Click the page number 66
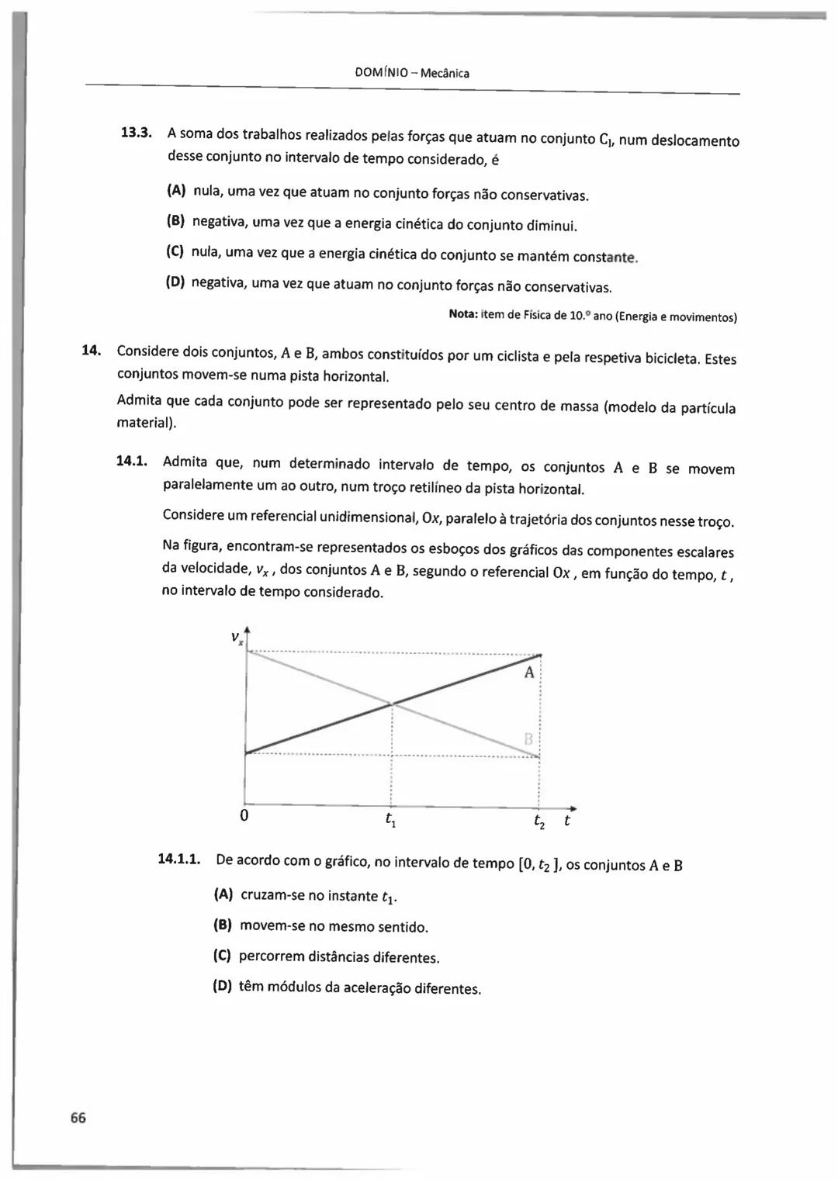[x=78, y=1117]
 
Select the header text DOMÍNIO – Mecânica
[x=412, y=73]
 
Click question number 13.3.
[x=136, y=132]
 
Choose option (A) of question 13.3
[x=177, y=190]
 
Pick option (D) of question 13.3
[x=176, y=282]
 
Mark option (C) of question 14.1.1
[x=223, y=956]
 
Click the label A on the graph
[x=529, y=673]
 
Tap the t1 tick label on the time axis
[x=390, y=820]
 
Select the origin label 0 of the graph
[x=244, y=816]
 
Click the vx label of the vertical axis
[x=237, y=638]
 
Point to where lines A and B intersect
[x=392, y=704]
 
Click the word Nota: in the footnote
[x=464, y=314]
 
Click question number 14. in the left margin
[x=92, y=350]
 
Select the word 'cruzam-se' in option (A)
[x=272, y=895]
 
